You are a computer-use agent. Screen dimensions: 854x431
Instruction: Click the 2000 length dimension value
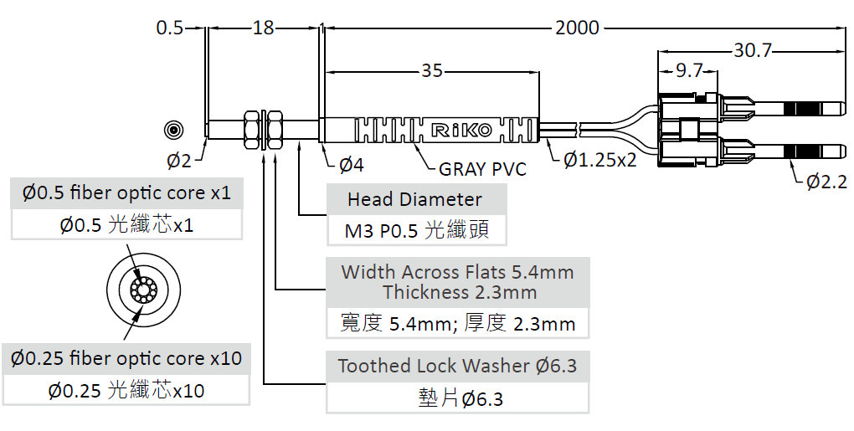click(577, 28)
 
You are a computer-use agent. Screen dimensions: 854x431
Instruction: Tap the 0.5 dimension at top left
click(170, 28)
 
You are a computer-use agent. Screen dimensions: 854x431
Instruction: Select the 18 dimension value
click(263, 28)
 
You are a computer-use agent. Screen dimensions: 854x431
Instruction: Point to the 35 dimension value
click(432, 71)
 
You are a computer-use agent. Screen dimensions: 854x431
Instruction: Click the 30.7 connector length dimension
click(753, 50)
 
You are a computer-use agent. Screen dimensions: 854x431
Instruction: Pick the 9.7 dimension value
click(689, 70)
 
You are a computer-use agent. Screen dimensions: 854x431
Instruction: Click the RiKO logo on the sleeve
click(462, 130)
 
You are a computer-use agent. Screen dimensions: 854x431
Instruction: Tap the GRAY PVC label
click(482, 169)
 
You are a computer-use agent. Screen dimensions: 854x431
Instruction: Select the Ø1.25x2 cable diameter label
click(599, 160)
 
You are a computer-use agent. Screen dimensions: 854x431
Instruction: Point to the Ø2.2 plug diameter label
click(826, 182)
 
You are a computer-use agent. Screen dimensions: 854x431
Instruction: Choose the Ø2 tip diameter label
click(179, 161)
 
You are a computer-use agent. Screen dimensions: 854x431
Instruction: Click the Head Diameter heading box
click(417, 199)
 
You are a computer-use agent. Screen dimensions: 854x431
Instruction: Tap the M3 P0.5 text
click(381, 231)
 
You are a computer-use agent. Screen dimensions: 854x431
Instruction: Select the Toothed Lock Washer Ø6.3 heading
click(457, 366)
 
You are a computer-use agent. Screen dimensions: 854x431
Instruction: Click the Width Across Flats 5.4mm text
click(457, 271)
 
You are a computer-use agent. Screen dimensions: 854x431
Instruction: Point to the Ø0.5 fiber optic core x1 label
click(127, 192)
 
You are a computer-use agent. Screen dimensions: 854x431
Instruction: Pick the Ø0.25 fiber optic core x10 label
click(126, 358)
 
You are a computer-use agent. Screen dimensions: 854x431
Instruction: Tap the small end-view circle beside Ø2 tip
click(174, 130)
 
